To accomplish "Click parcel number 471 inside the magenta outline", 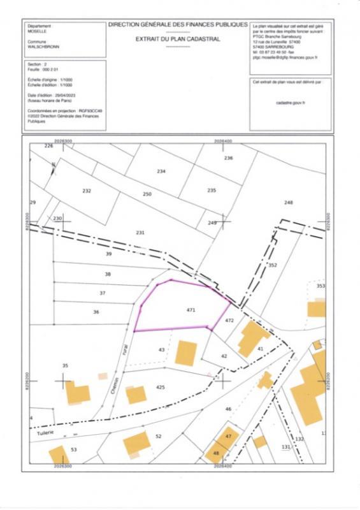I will tap(190, 310).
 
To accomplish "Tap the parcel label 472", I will tap(230, 320).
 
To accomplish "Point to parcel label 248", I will tap(288, 202).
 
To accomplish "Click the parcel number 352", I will tap(273, 265).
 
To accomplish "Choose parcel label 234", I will tap(161, 171).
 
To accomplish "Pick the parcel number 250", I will tap(147, 194).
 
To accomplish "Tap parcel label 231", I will tap(140, 232).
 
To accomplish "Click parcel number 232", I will tap(87, 191).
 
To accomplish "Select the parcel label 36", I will tap(96, 312).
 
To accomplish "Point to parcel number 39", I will tap(108, 254).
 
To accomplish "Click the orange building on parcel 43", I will tap(185, 353).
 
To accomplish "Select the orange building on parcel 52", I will tap(136, 442).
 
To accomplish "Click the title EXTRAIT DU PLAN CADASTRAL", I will tap(178, 39).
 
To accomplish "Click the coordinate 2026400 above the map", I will tap(222, 140).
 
